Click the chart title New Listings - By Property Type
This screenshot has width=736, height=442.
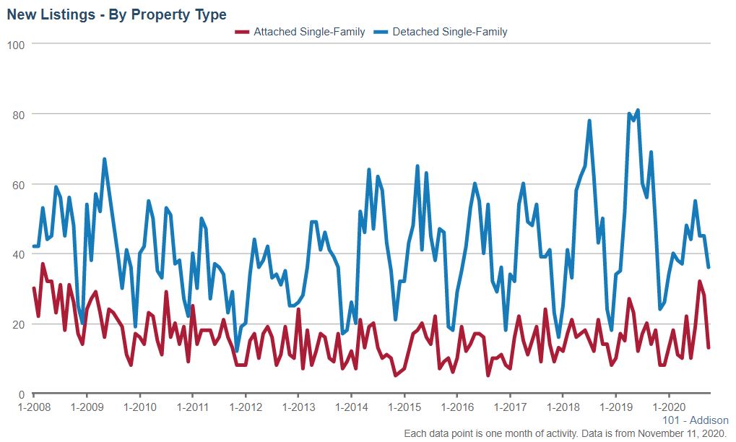pos(116,14)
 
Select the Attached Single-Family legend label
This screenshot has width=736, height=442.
pos(309,32)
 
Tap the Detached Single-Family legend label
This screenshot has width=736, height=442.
pos(449,32)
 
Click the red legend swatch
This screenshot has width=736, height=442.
pos(242,32)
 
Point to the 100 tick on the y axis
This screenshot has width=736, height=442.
pos(16,45)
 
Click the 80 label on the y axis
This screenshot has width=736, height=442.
pos(19,115)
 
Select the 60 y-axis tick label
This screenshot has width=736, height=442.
pos(19,185)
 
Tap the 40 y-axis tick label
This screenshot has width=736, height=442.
pos(19,254)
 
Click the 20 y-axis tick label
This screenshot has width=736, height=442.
pos(19,324)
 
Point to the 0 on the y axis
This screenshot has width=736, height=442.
pos(22,394)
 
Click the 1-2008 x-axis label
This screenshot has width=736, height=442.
pos(34,408)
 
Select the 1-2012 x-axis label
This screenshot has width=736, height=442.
pos(245,408)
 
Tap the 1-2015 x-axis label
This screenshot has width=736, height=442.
pos(404,408)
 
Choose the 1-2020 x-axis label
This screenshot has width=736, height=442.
pos(668,408)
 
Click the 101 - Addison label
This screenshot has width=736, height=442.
pos(695,420)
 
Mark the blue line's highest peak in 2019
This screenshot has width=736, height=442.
pos(638,110)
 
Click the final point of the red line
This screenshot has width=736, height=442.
pos(709,348)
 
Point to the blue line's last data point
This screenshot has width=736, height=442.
pos(709,268)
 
